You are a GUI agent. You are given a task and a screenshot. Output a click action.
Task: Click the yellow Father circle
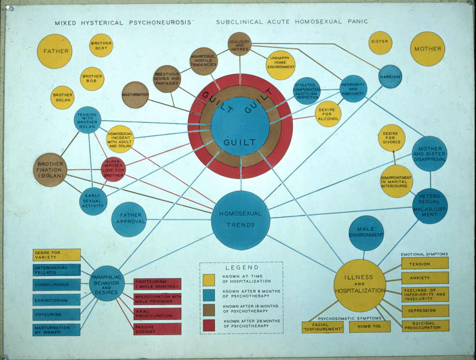(55, 51)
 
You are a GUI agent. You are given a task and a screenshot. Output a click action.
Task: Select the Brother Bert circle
(101, 46)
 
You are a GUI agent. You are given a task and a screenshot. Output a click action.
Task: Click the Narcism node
(390, 76)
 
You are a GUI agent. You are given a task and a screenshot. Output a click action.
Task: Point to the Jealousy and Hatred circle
(239, 44)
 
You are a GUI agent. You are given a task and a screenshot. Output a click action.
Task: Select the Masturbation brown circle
(135, 95)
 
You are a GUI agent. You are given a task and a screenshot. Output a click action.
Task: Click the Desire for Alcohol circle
(328, 114)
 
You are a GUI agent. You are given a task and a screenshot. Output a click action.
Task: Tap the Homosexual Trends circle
(241, 220)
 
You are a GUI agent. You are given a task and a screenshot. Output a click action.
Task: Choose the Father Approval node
(129, 219)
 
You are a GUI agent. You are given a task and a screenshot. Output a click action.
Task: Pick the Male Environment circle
(366, 233)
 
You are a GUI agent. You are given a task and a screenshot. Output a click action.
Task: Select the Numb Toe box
(370, 327)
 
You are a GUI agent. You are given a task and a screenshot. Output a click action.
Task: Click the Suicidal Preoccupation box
(425, 325)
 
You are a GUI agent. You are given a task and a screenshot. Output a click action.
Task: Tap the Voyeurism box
(57, 314)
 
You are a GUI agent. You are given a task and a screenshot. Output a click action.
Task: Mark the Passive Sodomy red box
(157, 328)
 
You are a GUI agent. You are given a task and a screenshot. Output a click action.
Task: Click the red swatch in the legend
(209, 325)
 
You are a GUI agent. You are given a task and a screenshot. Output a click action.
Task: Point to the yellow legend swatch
(209, 279)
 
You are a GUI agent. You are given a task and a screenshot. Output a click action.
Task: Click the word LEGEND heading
(242, 267)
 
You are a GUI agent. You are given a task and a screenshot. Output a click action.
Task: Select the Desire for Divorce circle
(391, 138)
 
